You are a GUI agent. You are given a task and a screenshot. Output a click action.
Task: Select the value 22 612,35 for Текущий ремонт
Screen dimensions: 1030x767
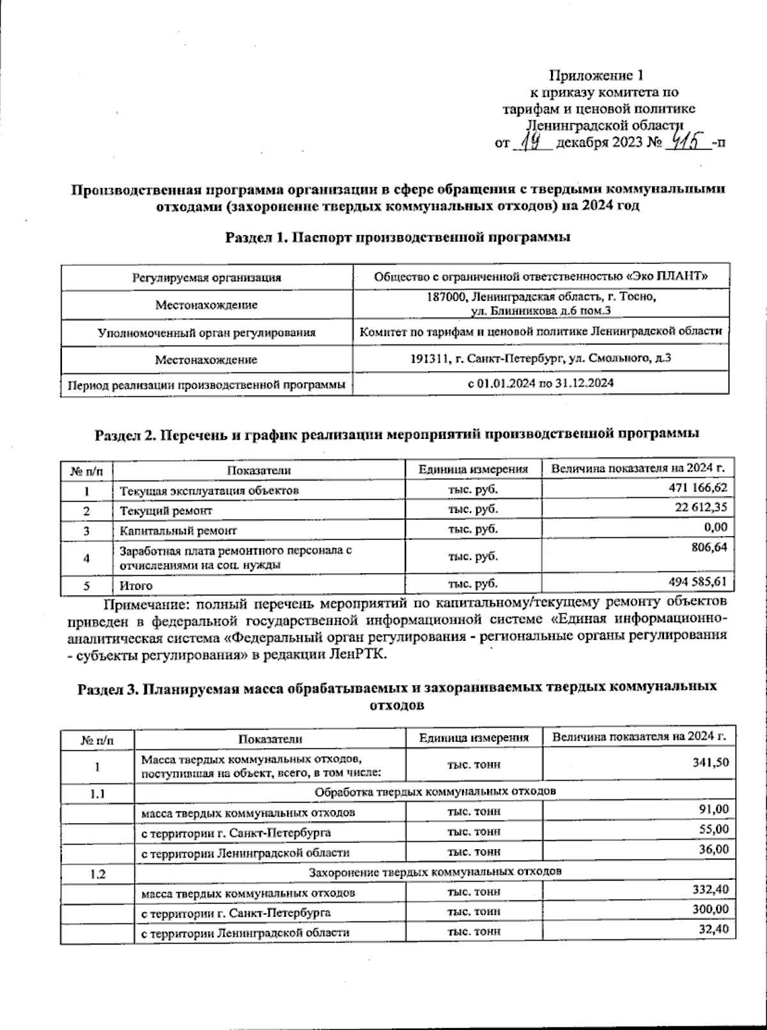(x=701, y=507)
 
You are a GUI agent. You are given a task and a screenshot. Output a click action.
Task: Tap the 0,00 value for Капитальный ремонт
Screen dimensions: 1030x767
(x=715, y=527)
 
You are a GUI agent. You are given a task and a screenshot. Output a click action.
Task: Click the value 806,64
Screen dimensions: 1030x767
(x=708, y=548)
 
